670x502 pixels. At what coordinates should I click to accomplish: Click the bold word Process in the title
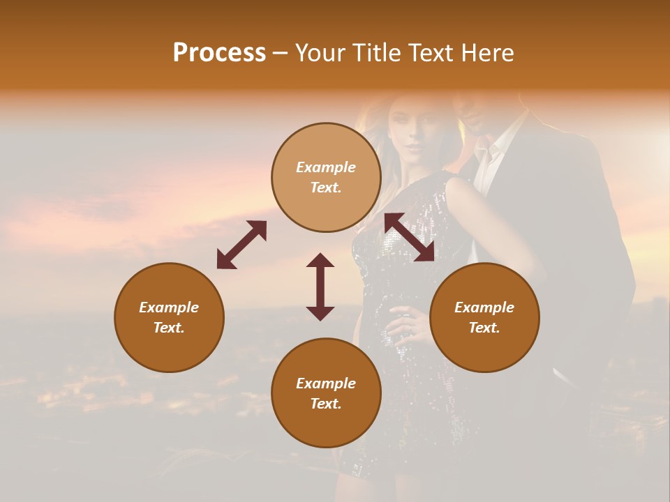pos(219,53)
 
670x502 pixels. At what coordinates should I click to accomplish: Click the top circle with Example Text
pos(326,177)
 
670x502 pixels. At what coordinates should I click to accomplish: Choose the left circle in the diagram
pos(169,317)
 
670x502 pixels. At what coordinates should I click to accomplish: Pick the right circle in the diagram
pos(484,317)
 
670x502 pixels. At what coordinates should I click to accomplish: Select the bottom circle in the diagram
pos(326,393)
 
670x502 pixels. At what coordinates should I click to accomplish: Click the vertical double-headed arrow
pos(320,287)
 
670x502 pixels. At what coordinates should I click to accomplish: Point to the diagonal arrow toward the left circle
pos(241,244)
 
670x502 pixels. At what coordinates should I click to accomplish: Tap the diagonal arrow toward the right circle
pos(410,237)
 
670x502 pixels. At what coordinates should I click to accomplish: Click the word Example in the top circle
pos(326,167)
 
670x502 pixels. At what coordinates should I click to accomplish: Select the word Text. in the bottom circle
pos(326,404)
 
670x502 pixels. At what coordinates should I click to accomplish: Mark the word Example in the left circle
pos(169,307)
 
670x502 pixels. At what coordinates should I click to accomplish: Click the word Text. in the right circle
pos(484,328)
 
